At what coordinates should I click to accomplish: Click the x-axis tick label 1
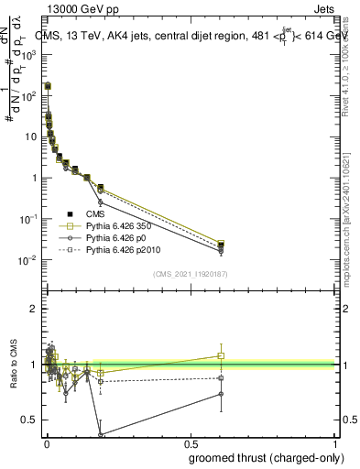[334, 443]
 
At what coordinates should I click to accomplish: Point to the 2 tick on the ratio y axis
[34, 309]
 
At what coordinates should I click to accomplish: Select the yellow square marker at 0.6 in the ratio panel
[221, 355]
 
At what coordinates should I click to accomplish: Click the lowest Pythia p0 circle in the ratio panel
[100, 435]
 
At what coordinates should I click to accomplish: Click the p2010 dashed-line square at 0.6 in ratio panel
[221, 377]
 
